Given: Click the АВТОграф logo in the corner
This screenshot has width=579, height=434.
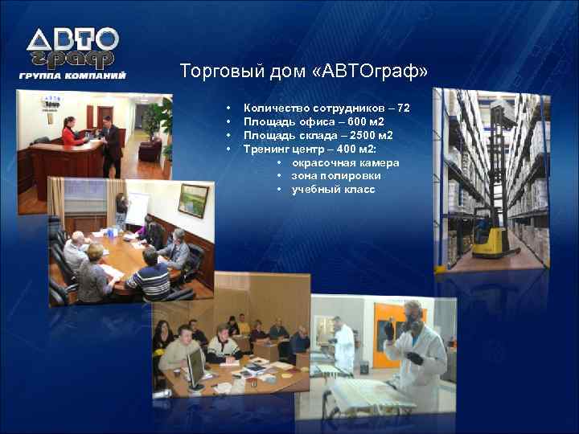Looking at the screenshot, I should (x=72, y=47).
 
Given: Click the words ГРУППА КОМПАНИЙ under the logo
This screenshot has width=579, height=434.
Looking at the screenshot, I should (x=72, y=76).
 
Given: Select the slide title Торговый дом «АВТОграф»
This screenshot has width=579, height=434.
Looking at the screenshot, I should (x=303, y=72).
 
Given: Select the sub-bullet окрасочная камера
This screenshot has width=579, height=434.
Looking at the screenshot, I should (x=345, y=163).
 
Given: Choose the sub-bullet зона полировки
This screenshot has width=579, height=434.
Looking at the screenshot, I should (x=336, y=176).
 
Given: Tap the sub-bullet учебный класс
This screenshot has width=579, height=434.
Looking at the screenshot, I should (x=333, y=190).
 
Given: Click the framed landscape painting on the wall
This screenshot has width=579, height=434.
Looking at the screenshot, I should (x=193, y=200).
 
